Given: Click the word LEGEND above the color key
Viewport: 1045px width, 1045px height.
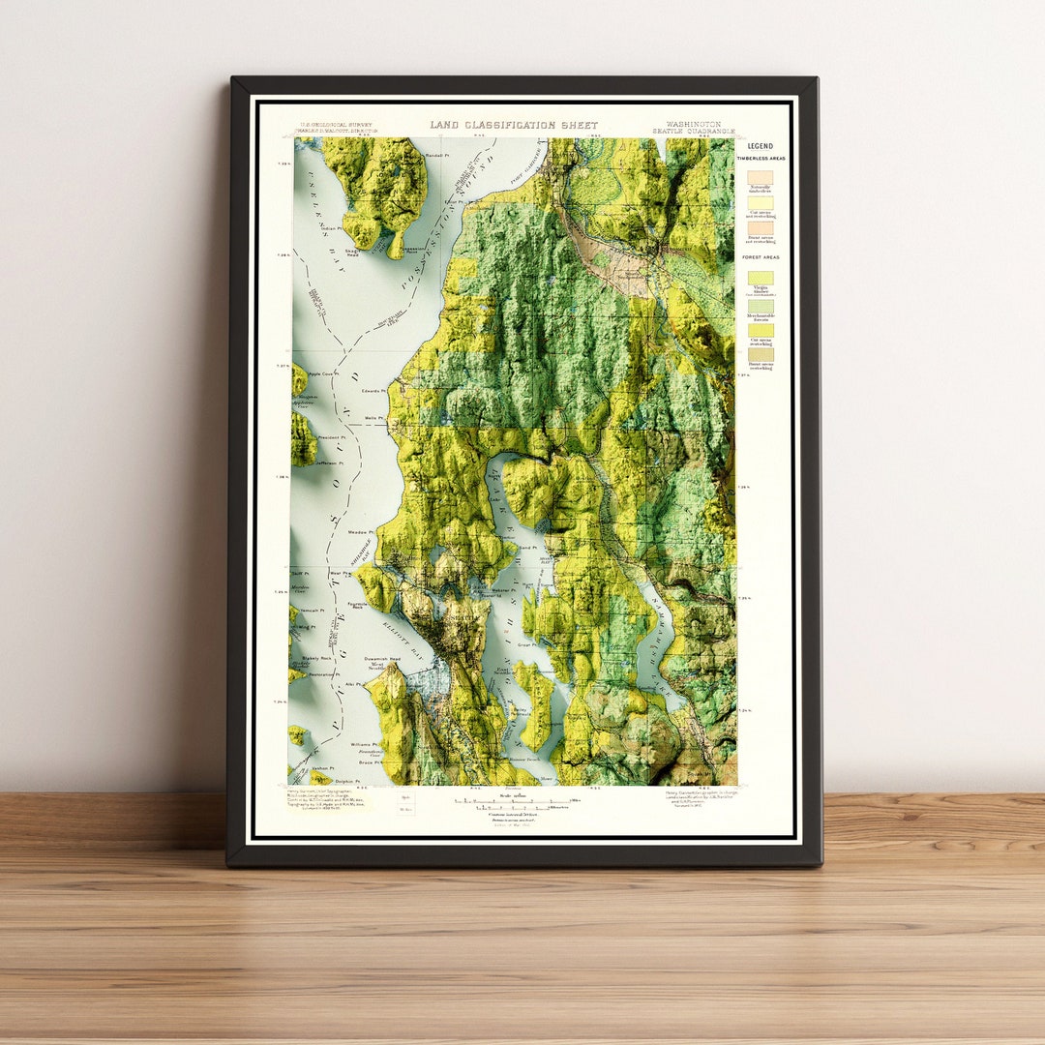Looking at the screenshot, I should click(x=760, y=146).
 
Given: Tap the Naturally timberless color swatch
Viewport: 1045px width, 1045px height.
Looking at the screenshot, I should click(x=760, y=178).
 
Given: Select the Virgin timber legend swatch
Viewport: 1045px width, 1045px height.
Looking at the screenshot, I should click(x=760, y=278).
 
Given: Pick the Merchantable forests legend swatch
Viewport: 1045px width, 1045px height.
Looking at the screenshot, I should click(x=760, y=304).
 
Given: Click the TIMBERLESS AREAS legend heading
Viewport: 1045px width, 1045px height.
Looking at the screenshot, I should click(x=760, y=158).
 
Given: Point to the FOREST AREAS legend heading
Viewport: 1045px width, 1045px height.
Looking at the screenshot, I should click(x=760, y=257).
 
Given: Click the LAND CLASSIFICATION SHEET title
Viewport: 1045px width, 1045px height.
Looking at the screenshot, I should click(x=514, y=125).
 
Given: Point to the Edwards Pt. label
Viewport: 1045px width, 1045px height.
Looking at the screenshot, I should click(x=372, y=392).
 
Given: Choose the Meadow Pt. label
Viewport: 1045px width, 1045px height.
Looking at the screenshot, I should click(x=360, y=531).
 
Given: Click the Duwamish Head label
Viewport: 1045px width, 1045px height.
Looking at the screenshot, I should click(x=381, y=659).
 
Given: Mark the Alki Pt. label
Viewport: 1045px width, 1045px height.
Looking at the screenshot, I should click(x=353, y=684).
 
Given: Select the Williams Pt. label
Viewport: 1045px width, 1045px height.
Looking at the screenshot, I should click(x=362, y=745).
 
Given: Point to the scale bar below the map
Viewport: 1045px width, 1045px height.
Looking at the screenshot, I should click(x=514, y=802).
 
